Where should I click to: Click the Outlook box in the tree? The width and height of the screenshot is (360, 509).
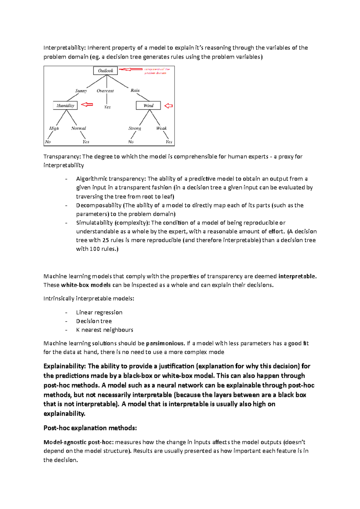[105, 71]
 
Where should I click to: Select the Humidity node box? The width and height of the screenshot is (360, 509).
[65, 106]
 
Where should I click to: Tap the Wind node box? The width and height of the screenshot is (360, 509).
[148, 106]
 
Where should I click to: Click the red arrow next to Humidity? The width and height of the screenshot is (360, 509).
[87, 105]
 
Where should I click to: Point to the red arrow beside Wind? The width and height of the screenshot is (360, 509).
[169, 106]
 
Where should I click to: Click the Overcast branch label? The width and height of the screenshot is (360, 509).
[105, 91]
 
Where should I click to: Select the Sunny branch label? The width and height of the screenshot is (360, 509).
[81, 91]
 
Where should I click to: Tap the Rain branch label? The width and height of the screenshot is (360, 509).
[135, 90]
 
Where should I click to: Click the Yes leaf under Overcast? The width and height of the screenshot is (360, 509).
[107, 107]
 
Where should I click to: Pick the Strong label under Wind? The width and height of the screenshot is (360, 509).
[135, 128]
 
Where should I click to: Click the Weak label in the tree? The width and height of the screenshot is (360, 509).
[161, 128]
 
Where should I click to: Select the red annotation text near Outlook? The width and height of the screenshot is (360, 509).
[157, 71]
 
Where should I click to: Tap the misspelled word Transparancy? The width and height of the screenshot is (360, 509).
[62, 156]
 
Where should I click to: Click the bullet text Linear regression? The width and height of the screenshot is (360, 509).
[99, 312]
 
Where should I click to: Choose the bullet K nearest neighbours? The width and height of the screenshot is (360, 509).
[104, 330]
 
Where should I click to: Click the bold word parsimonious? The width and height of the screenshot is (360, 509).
[165, 343]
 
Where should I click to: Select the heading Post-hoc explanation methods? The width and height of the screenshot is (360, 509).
[90, 428]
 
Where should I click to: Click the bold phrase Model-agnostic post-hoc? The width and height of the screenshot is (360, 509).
[78, 442]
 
